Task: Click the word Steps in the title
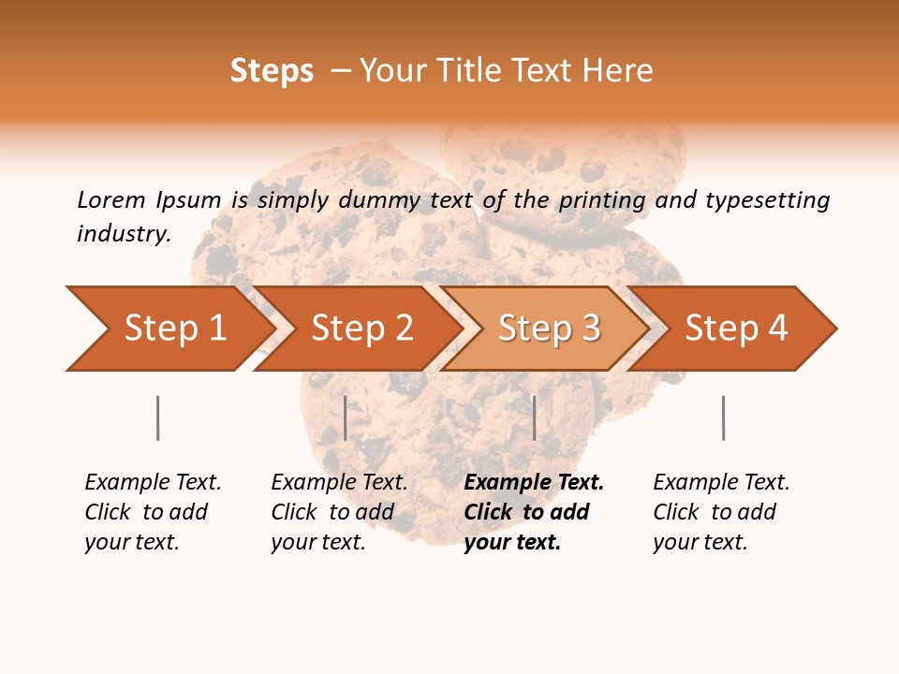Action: (272, 71)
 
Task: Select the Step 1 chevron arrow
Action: (174, 329)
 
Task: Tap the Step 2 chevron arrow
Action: (361, 329)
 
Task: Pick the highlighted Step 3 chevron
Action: (549, 329)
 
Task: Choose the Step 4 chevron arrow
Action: (736, 329)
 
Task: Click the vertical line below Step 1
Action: (157, 418)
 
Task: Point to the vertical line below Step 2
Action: (346, 418)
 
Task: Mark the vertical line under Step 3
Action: (534, 418)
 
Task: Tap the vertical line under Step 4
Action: (723, 418)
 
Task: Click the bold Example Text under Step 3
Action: (534, 482)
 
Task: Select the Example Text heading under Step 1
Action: (153, 482)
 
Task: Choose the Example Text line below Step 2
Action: (339, 482)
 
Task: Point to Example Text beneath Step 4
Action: (721, 482)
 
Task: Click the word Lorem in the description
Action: (111, 200)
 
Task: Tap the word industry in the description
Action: (124, 234)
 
